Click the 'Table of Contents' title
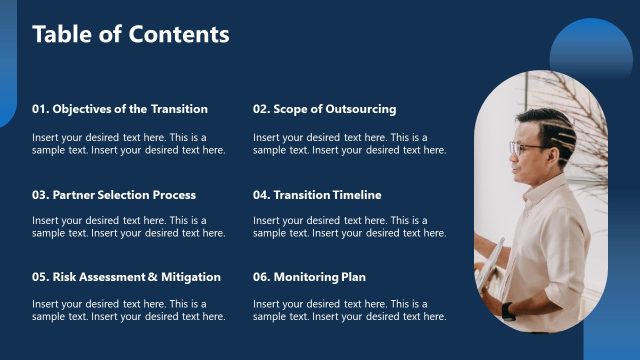coord(131,34)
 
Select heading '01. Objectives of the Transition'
coord(120,109)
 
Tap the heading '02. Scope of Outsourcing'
coord(324,109)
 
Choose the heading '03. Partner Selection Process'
coord(114,195)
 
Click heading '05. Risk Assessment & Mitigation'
coord(126,277)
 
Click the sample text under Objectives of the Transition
coord(128,144)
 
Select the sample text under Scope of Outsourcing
coord(349,144)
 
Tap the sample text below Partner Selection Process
coord(128,227)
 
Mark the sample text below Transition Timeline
coord(349,227)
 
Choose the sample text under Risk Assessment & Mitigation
coord(128,310)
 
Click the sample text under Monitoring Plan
coord(349,310)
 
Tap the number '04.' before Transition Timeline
coord(261,195)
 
